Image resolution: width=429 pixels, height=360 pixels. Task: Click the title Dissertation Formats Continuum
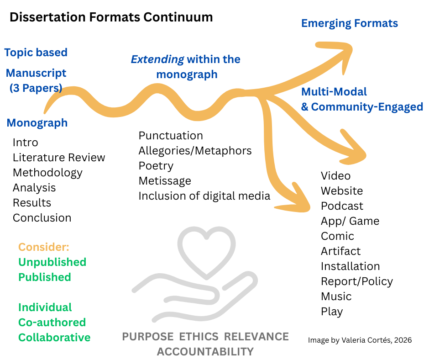(111, 17)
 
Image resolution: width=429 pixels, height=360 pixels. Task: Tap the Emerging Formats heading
(349, 23)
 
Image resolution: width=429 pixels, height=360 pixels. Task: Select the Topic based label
(36, 53)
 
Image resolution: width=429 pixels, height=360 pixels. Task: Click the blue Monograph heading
(37, 123)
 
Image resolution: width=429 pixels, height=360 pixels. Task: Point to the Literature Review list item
(59, 158)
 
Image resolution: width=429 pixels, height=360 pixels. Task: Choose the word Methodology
(47, 173)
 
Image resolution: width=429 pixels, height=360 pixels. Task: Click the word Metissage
(165, 181)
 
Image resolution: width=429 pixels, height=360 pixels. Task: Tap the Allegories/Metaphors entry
(195, 151)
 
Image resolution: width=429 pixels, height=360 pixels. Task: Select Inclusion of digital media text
(204, 196)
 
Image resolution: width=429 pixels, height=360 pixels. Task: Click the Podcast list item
(342, 206)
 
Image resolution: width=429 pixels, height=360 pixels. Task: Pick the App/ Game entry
(350, 221)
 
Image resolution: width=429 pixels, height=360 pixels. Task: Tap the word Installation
(350, 266)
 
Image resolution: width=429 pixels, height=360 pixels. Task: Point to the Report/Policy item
(356, 281)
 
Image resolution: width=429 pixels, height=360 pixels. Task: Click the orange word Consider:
(44, 247)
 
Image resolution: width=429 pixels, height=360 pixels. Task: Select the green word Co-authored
(52, 323)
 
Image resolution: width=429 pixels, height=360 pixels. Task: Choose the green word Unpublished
(52, 262)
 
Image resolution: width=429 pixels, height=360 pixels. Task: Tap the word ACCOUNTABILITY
(205, 351)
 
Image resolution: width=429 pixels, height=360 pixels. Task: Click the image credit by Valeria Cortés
(360, 340)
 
